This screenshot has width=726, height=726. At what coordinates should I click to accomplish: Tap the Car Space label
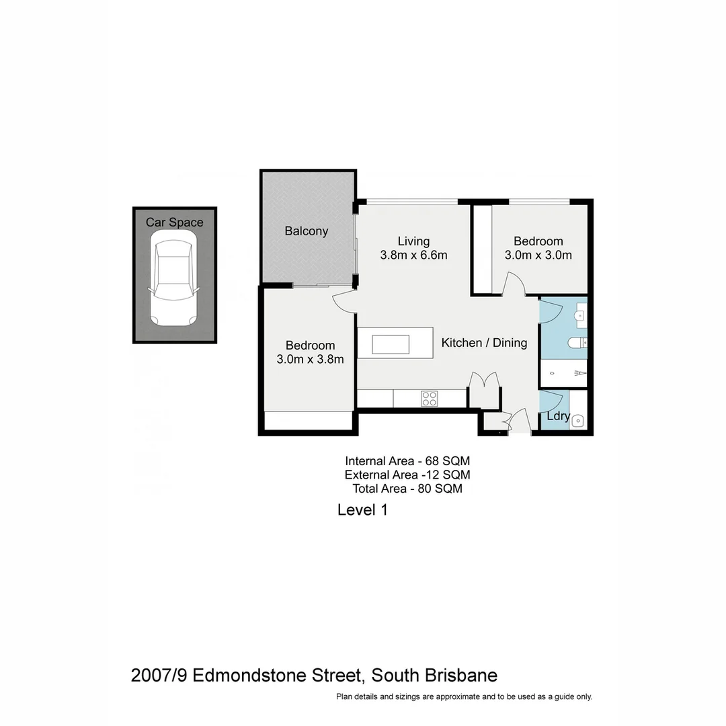click(174, 223)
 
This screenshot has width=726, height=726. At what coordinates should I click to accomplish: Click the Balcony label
click(306, 231)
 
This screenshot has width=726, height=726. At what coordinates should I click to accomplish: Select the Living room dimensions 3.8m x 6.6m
click(413, 255)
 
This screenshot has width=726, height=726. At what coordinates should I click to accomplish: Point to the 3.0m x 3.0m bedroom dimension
click(538, 255)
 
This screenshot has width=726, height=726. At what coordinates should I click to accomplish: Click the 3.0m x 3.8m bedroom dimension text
click(310, 360)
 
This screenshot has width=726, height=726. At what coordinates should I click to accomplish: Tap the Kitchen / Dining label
click(484, 343)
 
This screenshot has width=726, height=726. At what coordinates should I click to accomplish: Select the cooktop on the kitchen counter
click(429, 399)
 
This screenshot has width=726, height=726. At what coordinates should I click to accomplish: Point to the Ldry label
click(558, 417)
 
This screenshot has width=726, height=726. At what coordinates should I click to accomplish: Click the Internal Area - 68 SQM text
click(407, 461)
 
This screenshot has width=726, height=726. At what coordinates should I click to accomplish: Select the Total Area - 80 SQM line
click(407, 489)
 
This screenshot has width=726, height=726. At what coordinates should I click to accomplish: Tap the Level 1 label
click(362, 510)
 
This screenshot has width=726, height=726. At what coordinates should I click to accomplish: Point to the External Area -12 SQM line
click(407, 475)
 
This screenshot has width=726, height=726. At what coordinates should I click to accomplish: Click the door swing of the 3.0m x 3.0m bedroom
click(514, 284)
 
